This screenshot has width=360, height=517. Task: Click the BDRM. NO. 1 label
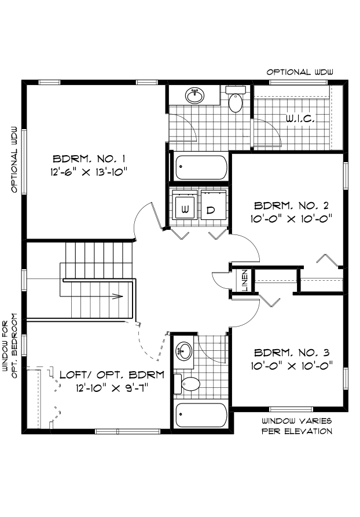89,159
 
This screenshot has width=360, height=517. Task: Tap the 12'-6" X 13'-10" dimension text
89,172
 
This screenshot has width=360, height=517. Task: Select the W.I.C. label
300,119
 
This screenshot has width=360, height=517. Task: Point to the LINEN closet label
245,280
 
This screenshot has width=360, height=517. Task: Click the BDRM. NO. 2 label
291,206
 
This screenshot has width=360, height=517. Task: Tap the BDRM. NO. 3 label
292,353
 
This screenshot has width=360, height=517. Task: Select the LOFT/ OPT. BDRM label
112,375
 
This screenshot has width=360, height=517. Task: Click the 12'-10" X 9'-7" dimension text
112,388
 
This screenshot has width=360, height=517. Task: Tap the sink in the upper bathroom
195,96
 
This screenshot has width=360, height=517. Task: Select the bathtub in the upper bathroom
201,167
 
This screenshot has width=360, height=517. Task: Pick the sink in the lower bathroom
183,352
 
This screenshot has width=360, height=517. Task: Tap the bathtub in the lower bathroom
201,415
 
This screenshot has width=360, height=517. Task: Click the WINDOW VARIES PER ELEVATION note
297,426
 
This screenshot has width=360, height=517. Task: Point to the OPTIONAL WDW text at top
300,72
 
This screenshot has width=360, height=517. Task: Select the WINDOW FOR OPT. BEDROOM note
9,346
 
